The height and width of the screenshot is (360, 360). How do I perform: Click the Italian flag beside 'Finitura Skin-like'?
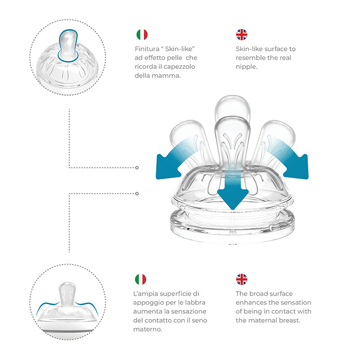click(142, 35)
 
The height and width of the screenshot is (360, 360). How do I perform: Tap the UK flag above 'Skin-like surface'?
click(242, 35)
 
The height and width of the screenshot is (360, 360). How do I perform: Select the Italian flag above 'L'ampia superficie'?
click(140, 279)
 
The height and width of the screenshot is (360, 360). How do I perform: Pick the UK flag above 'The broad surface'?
click(242, 279)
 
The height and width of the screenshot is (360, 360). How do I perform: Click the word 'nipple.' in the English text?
click(246, 67)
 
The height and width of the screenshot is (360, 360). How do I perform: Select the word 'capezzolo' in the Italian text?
click(179, 67)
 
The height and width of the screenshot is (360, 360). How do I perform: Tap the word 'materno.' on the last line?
click(148, 329)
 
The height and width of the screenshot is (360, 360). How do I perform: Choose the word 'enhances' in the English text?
click(250, 302)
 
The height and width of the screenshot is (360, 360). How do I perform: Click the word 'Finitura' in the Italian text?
click(147, 49)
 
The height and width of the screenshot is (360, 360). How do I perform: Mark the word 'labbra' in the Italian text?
click(195, 302)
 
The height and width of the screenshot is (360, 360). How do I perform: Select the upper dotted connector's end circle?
click(137, 167)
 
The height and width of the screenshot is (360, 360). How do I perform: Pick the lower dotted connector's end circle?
click(137, 193)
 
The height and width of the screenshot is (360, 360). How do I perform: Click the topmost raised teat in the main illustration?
click(233, 108)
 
